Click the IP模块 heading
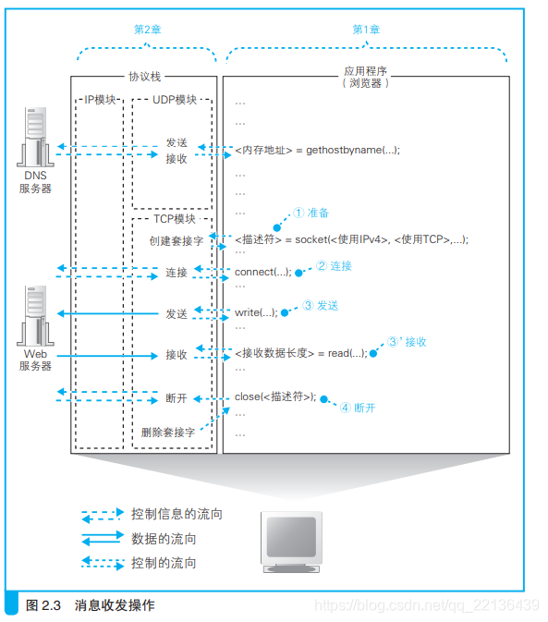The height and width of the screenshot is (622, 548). click(100, 100)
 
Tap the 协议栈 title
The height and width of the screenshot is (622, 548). click(144, 78)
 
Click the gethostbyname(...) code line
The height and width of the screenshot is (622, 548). click(317, 150)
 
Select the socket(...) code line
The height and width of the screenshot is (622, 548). click(351, 239)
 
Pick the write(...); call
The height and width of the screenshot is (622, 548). click(256, 312)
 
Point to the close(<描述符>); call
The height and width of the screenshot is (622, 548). click(275, 396)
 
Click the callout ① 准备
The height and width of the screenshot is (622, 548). click(311, 213)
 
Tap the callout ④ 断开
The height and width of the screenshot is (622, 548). click(357, 407)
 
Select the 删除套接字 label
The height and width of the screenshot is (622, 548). click(167, 432)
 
